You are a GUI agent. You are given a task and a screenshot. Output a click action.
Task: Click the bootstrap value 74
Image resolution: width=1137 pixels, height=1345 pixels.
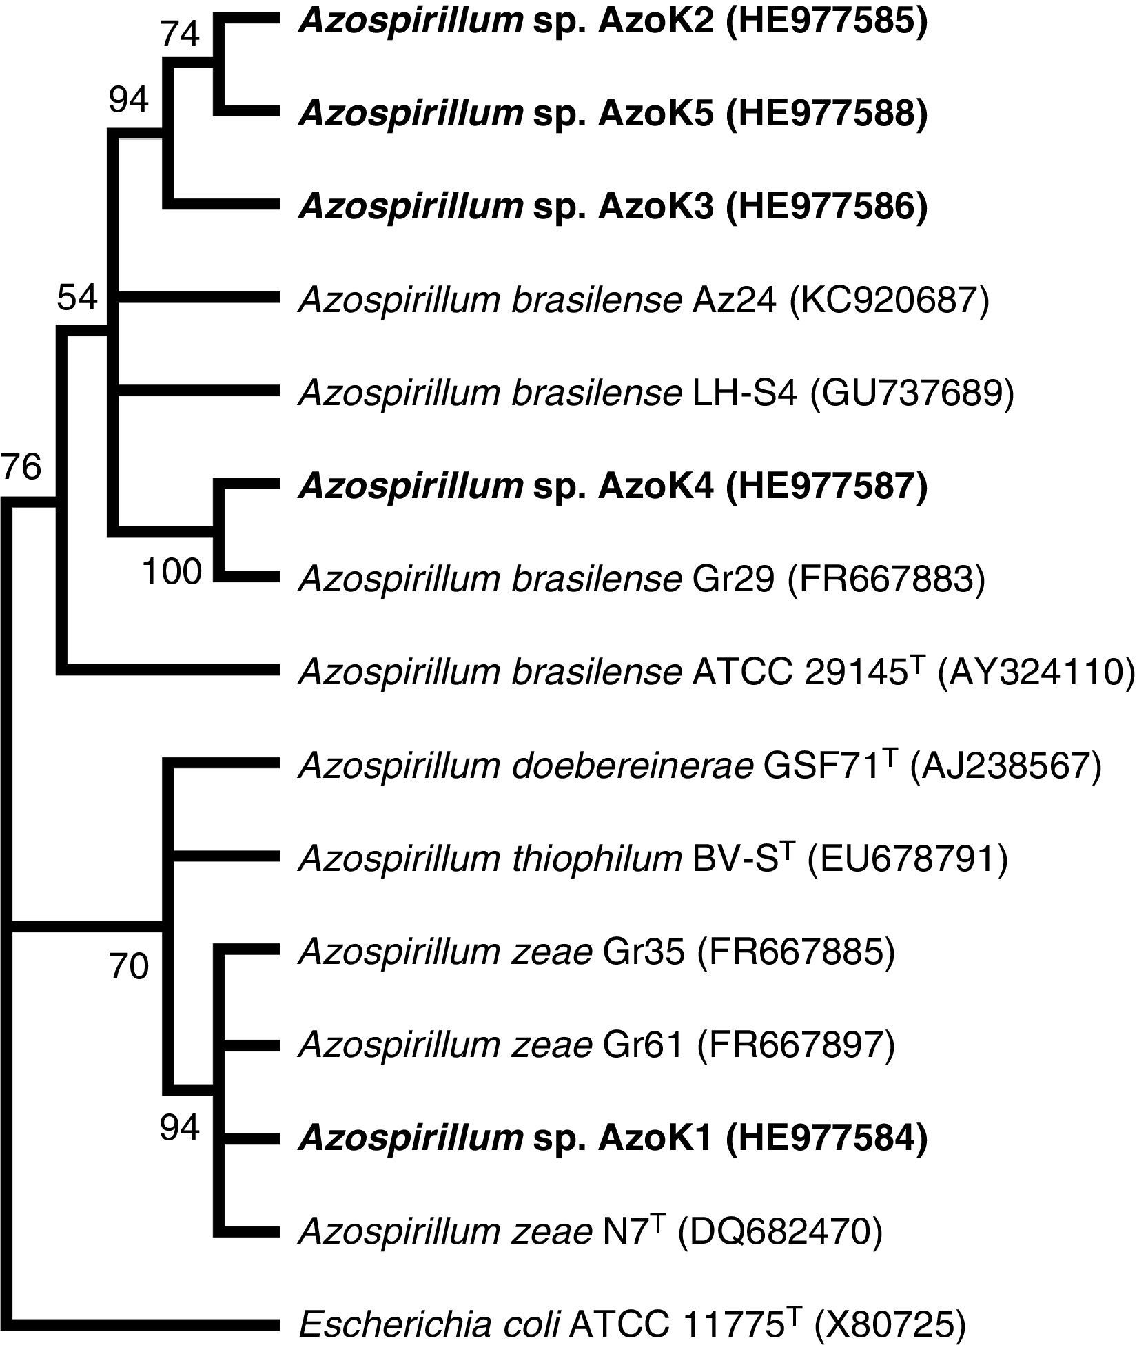pyautogui.click(x=181, y=35)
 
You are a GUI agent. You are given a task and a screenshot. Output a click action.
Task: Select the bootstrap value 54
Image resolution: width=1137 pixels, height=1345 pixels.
pyautogui.click(x=77, y=298)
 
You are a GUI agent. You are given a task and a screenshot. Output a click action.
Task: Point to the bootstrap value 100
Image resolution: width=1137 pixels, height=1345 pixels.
pyautogui.click(x=173, y=571)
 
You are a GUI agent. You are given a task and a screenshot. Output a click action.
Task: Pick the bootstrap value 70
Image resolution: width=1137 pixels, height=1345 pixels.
pyautogui.click(x=129, y=967)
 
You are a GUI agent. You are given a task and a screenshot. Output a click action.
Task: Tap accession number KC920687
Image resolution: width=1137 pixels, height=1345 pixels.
pyautogui.click(x=890, y=300)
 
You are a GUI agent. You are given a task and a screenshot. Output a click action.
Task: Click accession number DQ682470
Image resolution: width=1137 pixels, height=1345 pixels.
pyautogui.click(x=780, y=1231)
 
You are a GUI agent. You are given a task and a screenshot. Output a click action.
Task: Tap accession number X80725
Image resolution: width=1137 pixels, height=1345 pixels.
pyautogui.click(x=890, y=1324)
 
